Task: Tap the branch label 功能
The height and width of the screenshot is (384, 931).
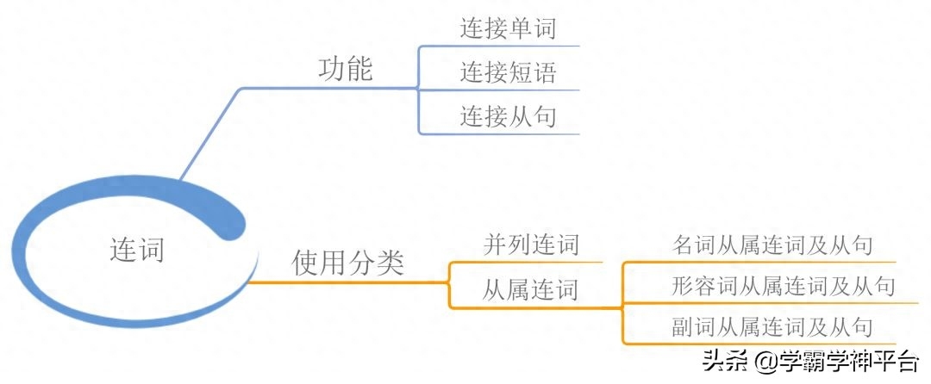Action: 346,70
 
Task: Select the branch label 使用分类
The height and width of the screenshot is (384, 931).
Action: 348,263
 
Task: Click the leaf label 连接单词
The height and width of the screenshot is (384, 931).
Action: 509,29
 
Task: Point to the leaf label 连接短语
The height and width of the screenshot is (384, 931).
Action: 509,73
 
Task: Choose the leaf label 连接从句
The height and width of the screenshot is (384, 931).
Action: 509,117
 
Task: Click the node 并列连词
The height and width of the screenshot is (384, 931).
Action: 530,245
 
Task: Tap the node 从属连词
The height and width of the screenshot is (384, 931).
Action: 530,290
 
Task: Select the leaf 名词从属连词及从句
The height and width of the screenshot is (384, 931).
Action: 772,245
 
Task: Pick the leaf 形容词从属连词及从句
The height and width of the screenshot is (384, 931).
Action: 783,286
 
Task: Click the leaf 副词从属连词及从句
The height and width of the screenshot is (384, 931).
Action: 772,327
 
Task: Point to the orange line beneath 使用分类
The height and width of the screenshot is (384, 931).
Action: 347,282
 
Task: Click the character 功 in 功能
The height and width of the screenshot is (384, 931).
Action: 332,70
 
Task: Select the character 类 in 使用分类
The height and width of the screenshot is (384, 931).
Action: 391,263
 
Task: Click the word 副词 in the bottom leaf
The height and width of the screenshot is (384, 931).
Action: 694,327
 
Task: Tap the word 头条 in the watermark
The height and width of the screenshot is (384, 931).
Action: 724,360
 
